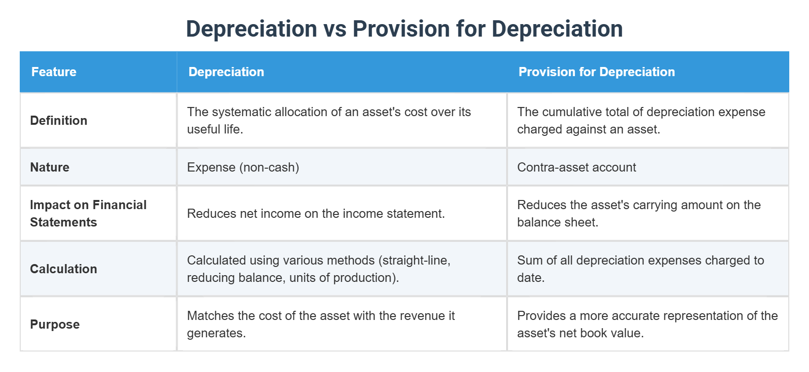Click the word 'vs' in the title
pyautogui.click(x=335, y=29)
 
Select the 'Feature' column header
pyautogui.click(x=54, y=72)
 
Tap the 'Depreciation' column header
pyautogui.click(x=226, y=72)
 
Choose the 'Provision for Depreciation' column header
pyautogui.click(x=597, y=72)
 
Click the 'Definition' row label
pyautogui.click(x=59, y=120)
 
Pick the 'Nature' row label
pyautogui.click(x=50, y=167)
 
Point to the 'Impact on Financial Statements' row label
pyautogui.click(x=88, y=213)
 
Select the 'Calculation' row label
pyautogui.click(x=64, y=269)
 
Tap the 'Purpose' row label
pyautogui.click(x=55, y=324)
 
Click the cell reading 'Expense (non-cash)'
pyautogui.click(x=243, y=167)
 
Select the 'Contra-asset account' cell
pyautogui.click(x=576, y=167)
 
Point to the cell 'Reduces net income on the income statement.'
pyautogui.click(x=316, y=213)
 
